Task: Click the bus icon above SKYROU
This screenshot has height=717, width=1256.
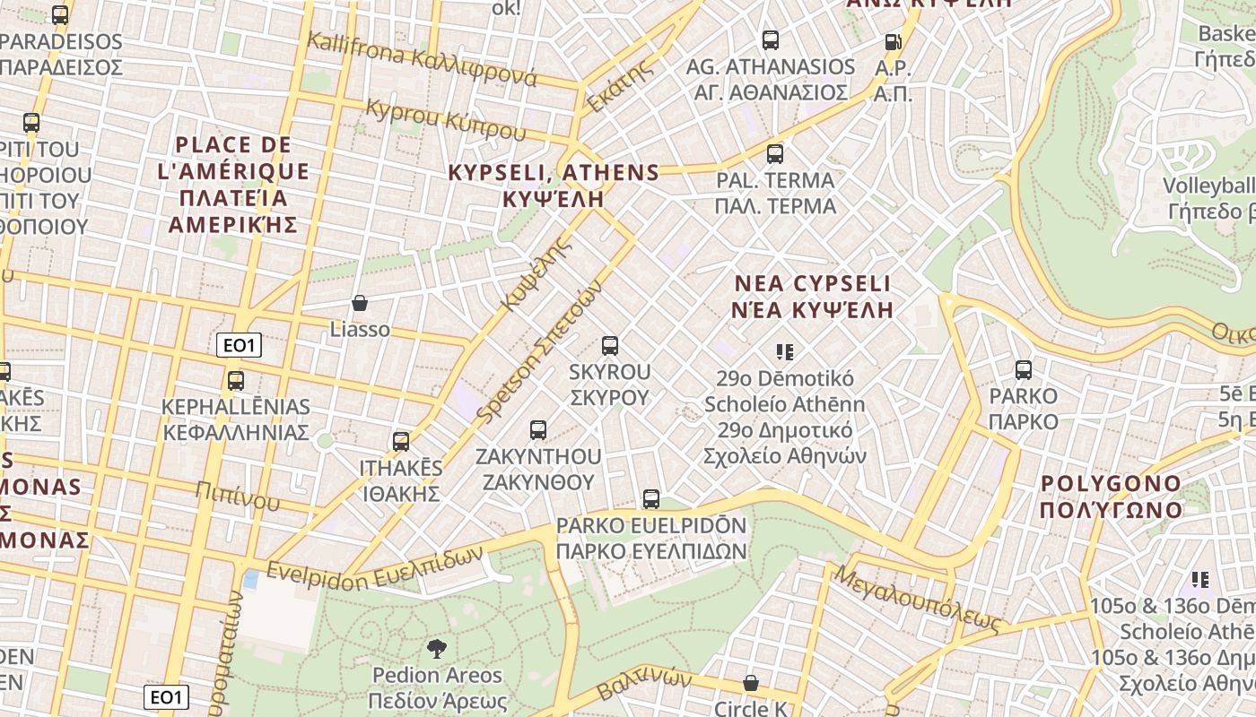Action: click(610, 346)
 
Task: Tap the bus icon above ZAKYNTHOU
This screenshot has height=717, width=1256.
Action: click(538, 430)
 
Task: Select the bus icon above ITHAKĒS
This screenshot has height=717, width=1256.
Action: click(401, 442)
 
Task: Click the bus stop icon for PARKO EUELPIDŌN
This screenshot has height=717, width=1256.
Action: click(651, 499)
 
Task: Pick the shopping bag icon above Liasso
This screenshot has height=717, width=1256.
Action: click(360, 304)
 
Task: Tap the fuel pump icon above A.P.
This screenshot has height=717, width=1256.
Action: click(893, 41)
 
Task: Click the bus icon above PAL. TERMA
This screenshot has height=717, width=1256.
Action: click(775, 154)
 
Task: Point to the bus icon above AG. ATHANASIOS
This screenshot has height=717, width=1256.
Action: click(771, 40)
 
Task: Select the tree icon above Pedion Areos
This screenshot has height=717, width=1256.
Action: click(437, 649)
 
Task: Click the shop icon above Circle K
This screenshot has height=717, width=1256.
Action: click(751, 684)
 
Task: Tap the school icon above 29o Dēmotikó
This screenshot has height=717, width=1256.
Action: click(785, 352)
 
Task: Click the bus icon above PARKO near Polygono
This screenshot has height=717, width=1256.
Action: click(1024, 370)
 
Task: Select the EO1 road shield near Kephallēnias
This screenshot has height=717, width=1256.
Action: click(239, 345)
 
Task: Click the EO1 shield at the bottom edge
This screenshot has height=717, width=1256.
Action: click(167, 697)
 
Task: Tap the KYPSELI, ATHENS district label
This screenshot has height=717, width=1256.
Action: click(554, 185)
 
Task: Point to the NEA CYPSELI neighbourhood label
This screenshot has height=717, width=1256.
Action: click(813, 297)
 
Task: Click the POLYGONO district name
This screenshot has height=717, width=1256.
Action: click(1111, 497)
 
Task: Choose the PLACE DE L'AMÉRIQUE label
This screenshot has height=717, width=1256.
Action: click(233, 184)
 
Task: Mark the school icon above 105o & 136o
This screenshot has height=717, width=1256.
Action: click(1200, 580)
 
